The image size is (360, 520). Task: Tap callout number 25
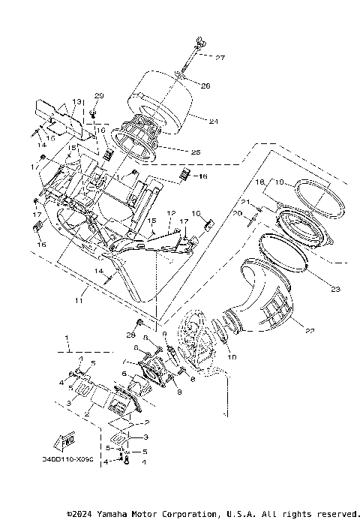[x=196, y=152]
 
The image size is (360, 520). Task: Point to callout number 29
[x=99, y=96]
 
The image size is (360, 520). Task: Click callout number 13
[x=76, y=101]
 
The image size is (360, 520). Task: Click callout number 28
[x=130, y=334]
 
